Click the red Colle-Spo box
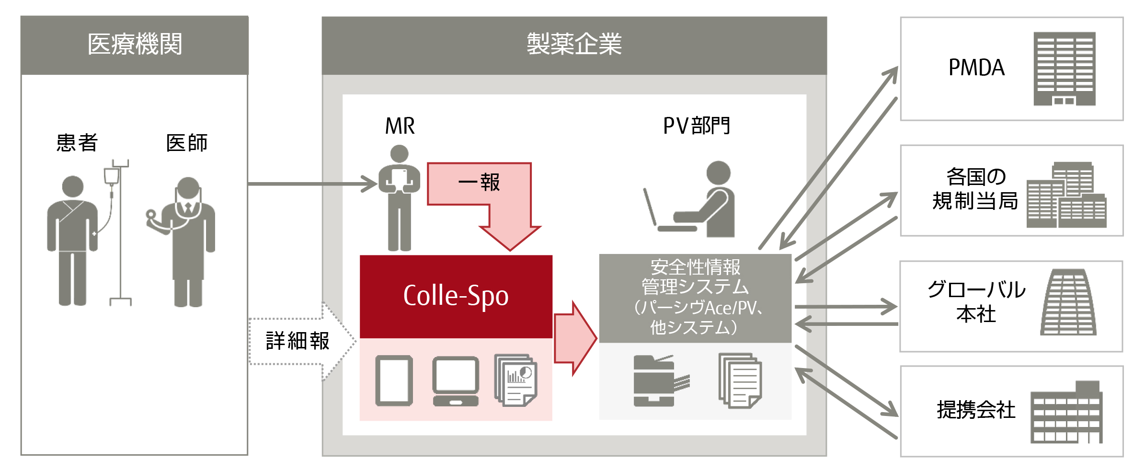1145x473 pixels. click(x=456, y=296)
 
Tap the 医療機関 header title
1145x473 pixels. click(x=135, y=45)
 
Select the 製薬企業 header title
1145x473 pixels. click(x=574, y=45)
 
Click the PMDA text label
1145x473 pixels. click(x=976, y=68)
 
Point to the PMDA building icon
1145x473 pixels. click(x=1064, y=69)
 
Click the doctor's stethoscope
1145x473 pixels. click(x=152, y=216)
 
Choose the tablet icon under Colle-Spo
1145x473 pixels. click(x=394, y=381)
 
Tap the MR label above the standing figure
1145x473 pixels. click(x=400, y=126)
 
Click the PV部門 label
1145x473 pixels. click(x=696, y=126)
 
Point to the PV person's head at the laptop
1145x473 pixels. click(x=718, y=173)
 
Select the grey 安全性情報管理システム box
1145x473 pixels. click(x=695, y=298)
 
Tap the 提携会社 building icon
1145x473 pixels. click(x=1066, y=413)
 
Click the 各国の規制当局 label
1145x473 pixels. click(x=975, y=189)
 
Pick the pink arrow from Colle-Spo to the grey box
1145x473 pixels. click(x=575, y=338)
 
